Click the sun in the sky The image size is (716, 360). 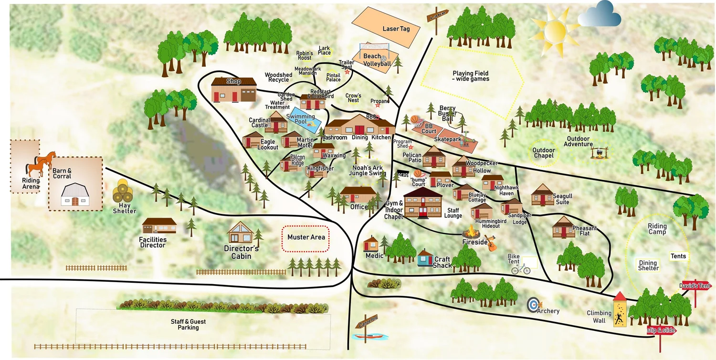click(x=554, y=31)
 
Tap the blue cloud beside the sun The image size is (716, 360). click(x=600, y=14)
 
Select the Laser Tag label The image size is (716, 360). click(x=396, y=29)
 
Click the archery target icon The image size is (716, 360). click(x=533, y=305)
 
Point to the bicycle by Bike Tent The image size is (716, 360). click(x=521, y=269)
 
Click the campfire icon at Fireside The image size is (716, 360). click(x=471, y=233)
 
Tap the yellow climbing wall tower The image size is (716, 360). click(x=620, y=310)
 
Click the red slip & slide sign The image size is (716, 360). click(x=662, y=330)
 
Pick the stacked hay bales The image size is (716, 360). click(x=123, y=192)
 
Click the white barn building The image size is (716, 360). click(x=75, y=195)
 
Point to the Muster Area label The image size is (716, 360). click(x=306, y=237)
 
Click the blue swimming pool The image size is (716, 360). click(x=304, y=123)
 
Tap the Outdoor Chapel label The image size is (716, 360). click(x=544, y=153)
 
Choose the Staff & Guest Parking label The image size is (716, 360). click(x=188, y=325)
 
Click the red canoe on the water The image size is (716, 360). click(x=368, y=336)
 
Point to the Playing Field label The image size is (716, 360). click(x=471, y=76)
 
